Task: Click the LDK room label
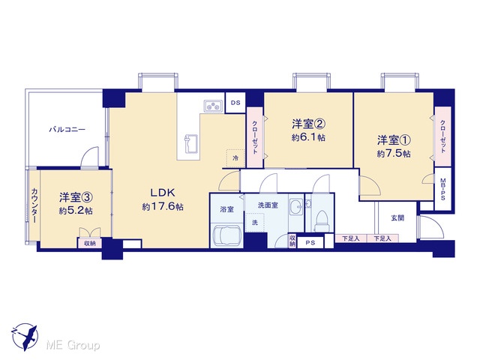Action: [x=163, y=193]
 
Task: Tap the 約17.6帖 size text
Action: [x=163, y=207]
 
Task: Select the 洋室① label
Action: [x=394, y=140]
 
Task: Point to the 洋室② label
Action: [x=308, y=124]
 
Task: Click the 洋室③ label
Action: [x=76, y=197]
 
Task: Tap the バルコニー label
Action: [x=67, y=130]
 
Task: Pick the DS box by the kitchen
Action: [x=235, y=103]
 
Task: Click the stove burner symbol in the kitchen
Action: [x=213, y=106]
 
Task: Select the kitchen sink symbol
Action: [x=190, y=144]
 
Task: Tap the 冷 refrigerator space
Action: [x=235, y=158]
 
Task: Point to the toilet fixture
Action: [x=320, y=221]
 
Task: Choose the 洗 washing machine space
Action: [x=255, y=223]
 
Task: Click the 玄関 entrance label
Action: [x=397, y=218]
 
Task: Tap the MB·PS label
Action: [x=443, y=190]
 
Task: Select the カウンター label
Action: [x=34, y=205]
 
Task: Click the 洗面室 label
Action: [x=268, y=205]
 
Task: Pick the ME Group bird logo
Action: [x=25, y=337]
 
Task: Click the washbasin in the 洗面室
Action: [x=296, y=205]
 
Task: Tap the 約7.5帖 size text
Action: [x=394, y=154]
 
